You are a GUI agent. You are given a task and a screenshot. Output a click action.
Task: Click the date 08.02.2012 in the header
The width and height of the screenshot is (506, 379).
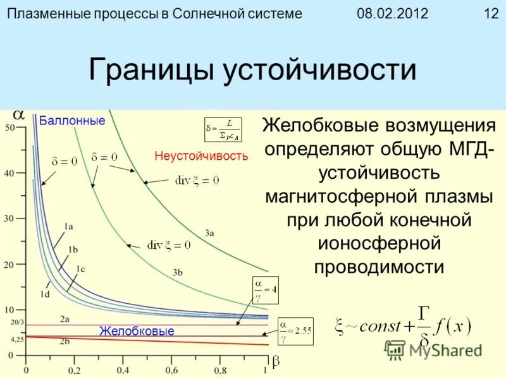[x=393, y=13]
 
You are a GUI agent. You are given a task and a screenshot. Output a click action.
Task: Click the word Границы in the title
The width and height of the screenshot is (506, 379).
[x=152, y=70]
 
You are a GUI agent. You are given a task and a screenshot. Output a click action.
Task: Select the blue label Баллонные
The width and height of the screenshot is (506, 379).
[x=72, y=120]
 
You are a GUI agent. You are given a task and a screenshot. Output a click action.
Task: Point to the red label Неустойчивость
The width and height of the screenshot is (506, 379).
[x=201, y=155]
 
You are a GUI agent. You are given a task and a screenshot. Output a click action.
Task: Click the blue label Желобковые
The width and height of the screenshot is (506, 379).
[x=137, y=331]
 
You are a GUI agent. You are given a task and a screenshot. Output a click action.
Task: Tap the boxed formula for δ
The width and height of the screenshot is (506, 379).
[x=223, y=129]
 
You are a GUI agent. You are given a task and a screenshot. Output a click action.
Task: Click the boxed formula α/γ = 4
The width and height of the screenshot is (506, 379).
[x=265, y=289]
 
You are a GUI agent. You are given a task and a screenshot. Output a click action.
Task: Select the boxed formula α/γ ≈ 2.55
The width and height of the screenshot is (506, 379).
[x=295, y=331]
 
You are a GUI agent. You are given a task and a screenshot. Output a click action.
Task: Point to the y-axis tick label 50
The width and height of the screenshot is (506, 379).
[x=9, y=128]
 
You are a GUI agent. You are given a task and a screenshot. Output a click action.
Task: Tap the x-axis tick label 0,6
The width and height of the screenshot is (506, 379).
[x=168, y=370]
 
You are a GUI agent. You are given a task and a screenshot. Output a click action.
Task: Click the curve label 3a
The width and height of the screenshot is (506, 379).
[x=209, y=233]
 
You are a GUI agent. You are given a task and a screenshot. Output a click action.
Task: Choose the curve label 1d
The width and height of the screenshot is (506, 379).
[x=45, y=293]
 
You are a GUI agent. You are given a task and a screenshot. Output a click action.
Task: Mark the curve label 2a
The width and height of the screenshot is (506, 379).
[x=65, y=319]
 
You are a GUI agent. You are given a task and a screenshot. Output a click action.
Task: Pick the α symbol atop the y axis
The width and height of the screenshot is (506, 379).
[x=19, y=115]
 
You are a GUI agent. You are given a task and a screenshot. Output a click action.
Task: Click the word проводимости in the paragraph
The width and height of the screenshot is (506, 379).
[x=379, y=266]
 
